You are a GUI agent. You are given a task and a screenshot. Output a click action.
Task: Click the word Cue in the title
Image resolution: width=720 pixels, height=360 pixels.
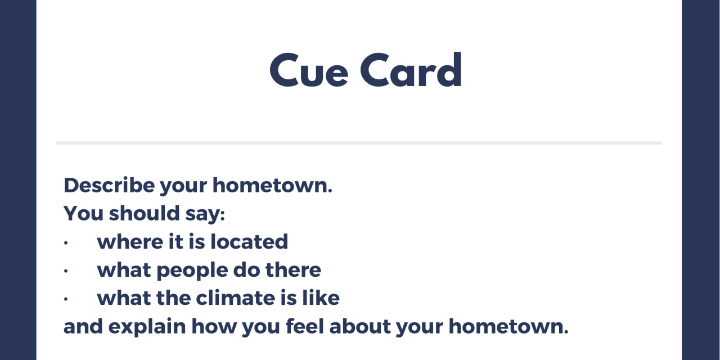pos(309,70)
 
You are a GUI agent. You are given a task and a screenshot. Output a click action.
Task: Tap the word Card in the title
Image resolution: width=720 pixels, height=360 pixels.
pos(411,69)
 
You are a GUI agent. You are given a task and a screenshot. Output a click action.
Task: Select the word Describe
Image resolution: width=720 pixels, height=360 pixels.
pos(109,185)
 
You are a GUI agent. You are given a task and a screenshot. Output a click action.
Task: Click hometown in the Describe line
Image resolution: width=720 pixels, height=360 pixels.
pos(272,186)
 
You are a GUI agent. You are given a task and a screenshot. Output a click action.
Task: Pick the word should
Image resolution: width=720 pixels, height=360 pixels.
pos(144,213)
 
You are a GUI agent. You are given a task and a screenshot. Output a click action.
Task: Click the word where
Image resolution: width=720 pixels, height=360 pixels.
pos(130,242)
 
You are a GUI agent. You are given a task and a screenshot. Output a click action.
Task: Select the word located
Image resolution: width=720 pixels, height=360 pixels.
pos(249,241)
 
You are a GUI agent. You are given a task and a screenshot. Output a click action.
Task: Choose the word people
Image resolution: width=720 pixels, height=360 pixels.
pos(192,271)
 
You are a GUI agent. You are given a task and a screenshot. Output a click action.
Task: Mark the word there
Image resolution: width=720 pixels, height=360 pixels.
pos(293,269)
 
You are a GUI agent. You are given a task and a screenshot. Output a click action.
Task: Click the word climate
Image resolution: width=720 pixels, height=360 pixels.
pos(235,298)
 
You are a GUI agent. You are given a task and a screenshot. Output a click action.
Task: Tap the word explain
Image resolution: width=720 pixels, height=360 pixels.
pos(147,327)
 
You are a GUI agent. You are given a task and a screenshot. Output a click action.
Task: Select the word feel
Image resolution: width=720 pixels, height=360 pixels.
pos(305,326)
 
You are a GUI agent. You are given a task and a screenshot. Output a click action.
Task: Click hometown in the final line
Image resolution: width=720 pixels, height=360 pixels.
pos(508,326)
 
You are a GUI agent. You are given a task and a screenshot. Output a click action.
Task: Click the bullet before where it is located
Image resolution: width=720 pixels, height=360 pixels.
pos(66,242)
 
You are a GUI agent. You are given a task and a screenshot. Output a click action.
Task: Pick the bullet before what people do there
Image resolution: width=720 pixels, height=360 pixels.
pos(66,271)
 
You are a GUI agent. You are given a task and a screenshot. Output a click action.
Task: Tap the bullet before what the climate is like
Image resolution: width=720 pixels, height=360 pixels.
pos(66,299)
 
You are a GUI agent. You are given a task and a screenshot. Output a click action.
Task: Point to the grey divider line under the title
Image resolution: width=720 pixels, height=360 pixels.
pos(359,143)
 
